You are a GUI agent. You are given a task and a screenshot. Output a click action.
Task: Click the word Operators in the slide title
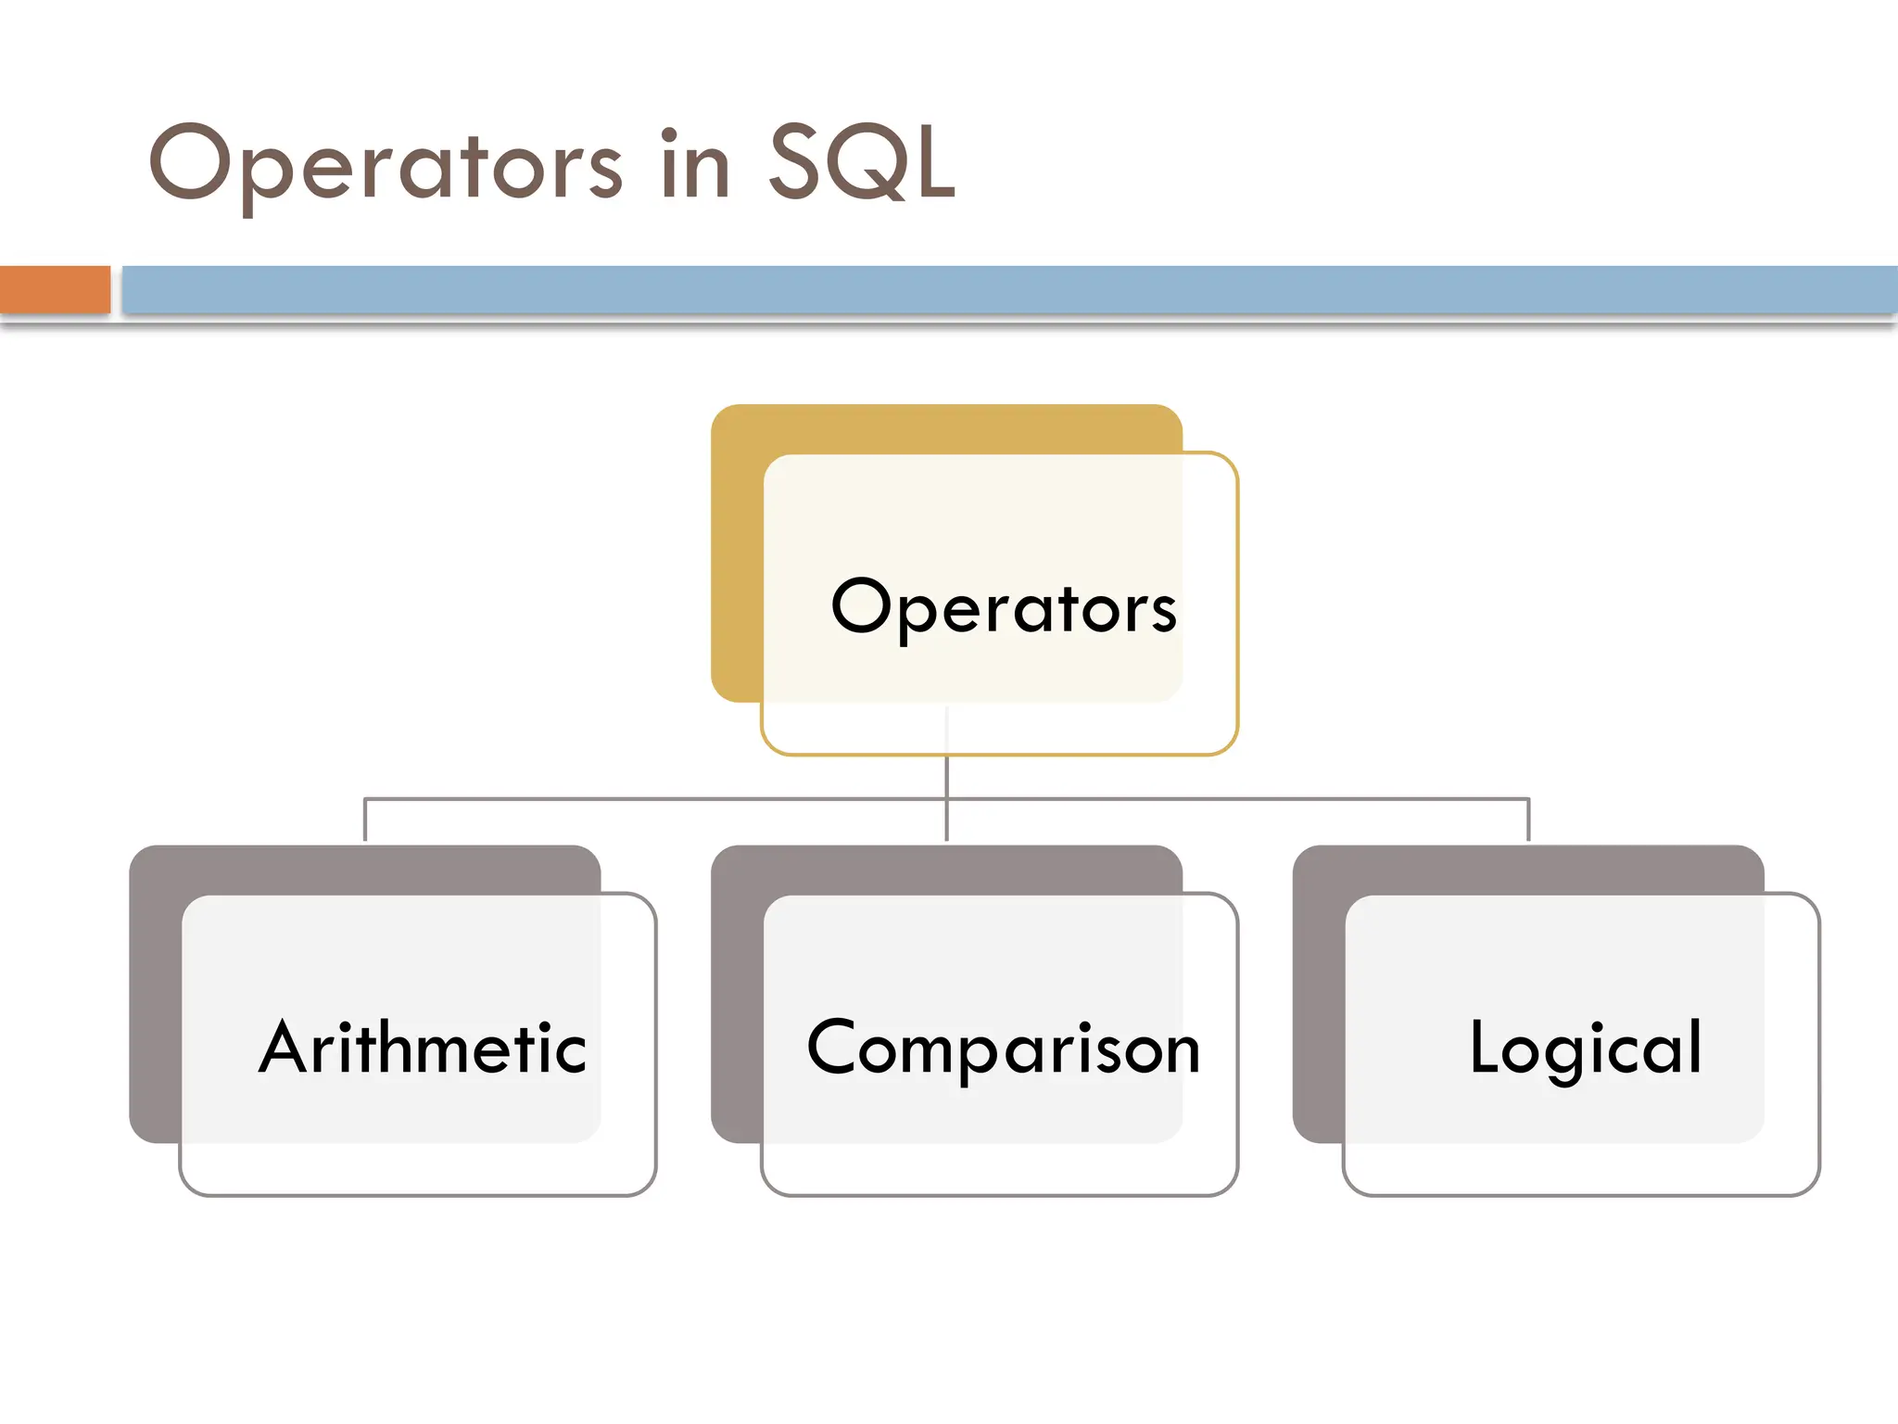coord(385,165)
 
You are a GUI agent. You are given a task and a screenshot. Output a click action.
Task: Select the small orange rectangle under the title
coord(55,289)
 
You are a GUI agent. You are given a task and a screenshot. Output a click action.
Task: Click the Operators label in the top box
coord(1004,608)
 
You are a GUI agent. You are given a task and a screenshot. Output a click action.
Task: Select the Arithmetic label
coord(423,1049)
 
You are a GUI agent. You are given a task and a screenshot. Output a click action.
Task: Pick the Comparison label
coord(1004,1049)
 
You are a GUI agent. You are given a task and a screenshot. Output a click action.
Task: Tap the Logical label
coord(1586,1049)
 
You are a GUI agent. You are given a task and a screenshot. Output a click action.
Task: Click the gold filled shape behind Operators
coord(736,556)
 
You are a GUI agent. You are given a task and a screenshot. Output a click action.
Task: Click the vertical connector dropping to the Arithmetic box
coord(365,820)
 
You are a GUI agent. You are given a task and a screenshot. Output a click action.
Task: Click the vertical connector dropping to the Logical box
coord(1528,820)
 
